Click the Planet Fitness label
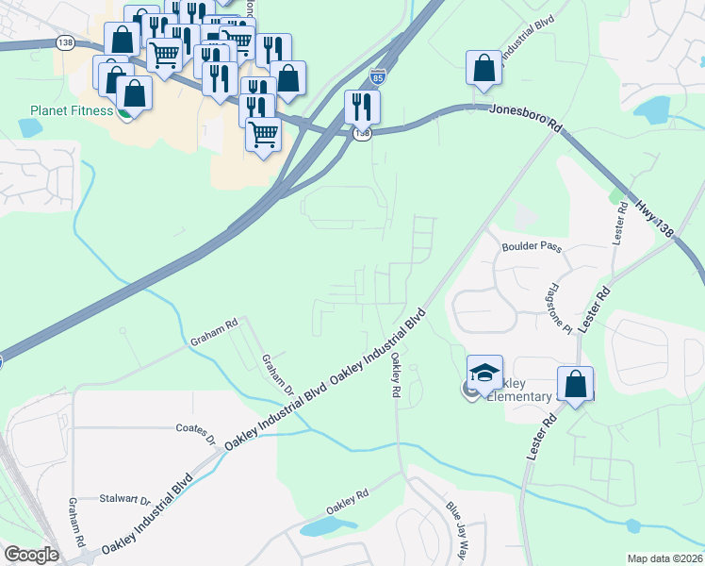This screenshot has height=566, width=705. click(70, 110)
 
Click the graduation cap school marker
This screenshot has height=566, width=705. click(484, 375)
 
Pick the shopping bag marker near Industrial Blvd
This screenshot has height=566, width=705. click(484, 69)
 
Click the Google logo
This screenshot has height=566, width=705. click(31, 554)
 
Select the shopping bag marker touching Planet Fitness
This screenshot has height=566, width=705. click(134, 94)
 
